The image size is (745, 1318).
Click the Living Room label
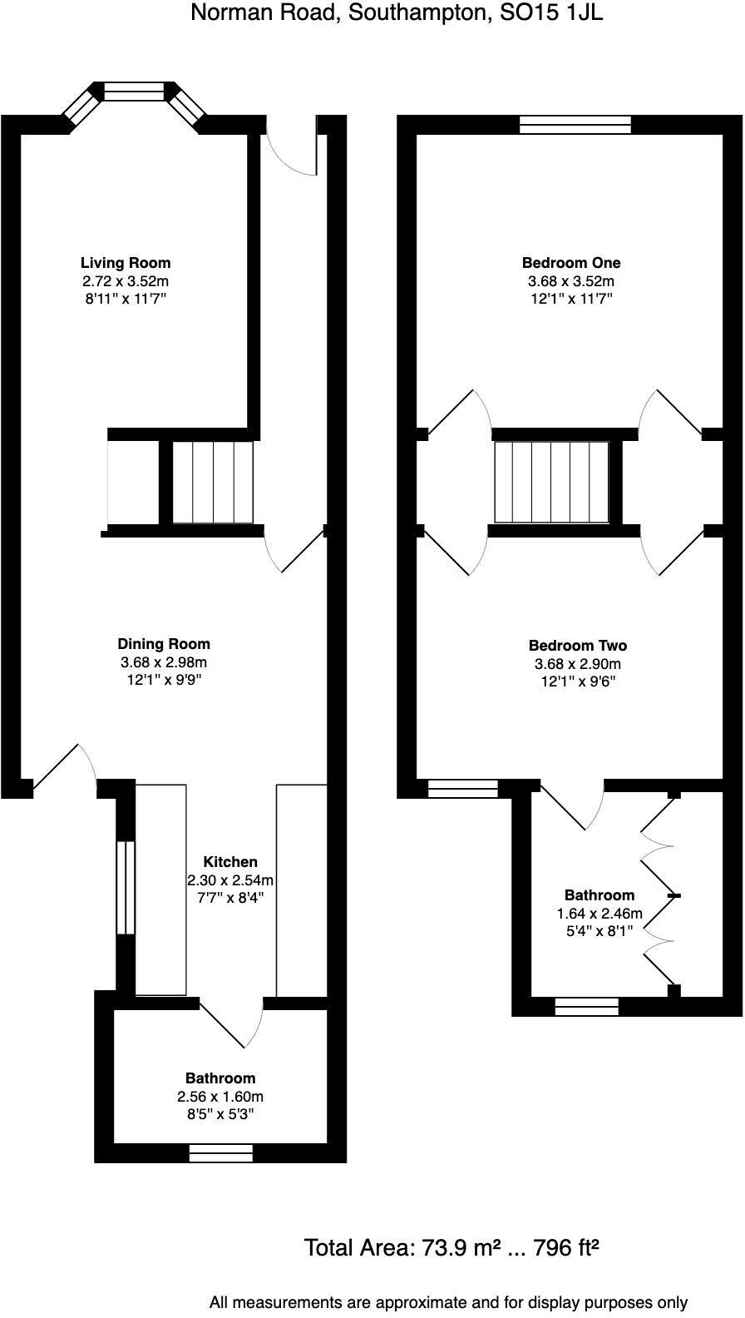pyautogui.click(x=126, y=263)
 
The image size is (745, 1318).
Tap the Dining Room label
pyautogui.click(x=164, y=644)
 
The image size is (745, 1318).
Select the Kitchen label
pyautogui.click(x=230, y=862)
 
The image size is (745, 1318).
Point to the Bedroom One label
pyautogui.click(x=570, y=263)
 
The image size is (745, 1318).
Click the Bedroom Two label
pyautogui.click(x=578, y=646)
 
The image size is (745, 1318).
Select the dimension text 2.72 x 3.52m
pyautogui.click(x=126, y=281)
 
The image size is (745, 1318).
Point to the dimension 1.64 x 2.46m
pyautogui.click(x=599, y=914)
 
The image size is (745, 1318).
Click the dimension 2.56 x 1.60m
pyautogui.click(x=220, y=1097)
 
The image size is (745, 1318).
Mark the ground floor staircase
pyautogui.click(x=213, y=483)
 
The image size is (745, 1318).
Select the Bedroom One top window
pyautogui.click(x=575, y=125)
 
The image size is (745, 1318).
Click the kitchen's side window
pyautogui.click(x=125, y=887)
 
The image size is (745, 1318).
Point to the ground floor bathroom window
pyautogui.click(x=220, y=1152)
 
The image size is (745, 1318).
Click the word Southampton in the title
pyautogui.click(x=392, y=13)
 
